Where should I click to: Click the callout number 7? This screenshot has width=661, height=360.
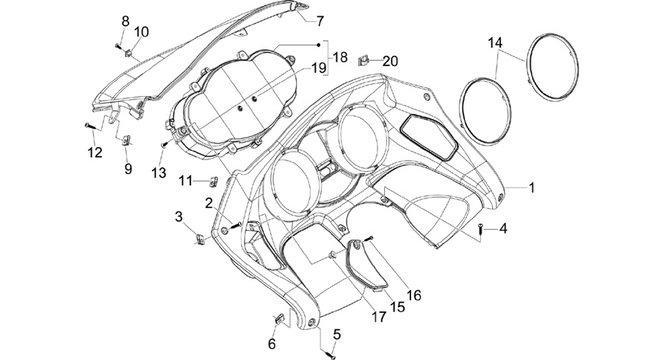coord(320,21)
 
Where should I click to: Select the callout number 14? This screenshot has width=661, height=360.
coord(496,43)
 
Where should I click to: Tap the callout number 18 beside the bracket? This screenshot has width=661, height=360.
coord(340,57)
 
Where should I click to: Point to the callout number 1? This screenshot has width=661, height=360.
coord(532,187)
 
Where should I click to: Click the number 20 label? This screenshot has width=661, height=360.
coord(390,61)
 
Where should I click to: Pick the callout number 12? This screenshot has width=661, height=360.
coord(95,152)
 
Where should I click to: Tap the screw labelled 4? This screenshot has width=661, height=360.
coord(481,229)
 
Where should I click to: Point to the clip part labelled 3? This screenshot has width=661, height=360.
coord(201,240)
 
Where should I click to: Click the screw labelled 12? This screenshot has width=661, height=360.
coord(91,125)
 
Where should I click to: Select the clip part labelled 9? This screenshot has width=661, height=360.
coord(126,140)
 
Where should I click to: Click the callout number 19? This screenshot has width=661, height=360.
coord(319,68)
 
